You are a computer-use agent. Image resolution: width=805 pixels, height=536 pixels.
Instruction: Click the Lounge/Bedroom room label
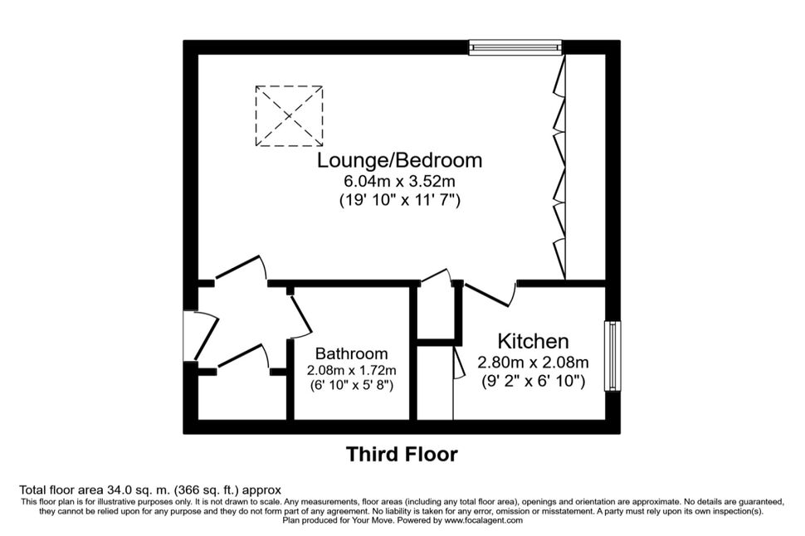pyautogui.click(x=399, y=161)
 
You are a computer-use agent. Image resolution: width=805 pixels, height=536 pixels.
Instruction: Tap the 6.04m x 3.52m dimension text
pyautogui.click(x=399, y=181)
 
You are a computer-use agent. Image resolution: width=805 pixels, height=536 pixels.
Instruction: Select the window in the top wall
pyautogui.click(x=515, y=47)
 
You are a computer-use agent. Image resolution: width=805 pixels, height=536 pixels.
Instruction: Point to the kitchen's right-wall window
pyautogui.click(x=612, y=356)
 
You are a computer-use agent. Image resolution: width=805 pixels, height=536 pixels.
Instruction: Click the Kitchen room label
pyautogui.click(x=533, y=341)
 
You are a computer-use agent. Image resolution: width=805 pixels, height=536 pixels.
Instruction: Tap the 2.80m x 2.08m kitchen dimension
pyautogui.click(x=533, y=363)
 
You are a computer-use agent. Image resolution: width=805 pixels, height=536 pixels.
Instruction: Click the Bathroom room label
pyautogui.click(x=351, y=353)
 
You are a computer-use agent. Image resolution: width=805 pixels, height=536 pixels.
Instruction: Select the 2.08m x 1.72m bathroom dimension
pyautogui.click(x=351, y=370)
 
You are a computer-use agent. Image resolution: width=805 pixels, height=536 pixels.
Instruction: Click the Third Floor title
pyautogui.click(x=402, y=455)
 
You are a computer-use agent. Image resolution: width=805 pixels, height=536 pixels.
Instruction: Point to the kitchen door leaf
pyautogui.click(x=486, y=296)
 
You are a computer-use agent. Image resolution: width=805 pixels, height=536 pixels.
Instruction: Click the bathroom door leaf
pyautogui.click(x=300, y=315)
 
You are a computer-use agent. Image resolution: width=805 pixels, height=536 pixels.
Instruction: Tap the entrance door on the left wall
pyautogui.click(x=206, y=336)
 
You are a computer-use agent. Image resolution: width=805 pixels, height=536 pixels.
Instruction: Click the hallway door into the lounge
pyautogui.click(x=240, y=268)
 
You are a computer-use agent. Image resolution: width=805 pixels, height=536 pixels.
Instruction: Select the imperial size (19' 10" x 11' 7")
pyautogui.click(x=399, y=200)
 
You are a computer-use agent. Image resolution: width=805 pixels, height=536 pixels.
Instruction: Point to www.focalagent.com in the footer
pyautogui.click(x=484, y=520)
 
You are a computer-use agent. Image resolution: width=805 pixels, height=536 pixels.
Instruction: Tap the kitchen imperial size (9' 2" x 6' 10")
pyautogui.click(x=533, y=382)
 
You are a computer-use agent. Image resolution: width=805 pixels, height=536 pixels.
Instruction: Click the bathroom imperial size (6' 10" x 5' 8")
pyautogui.click(x=351, y=385)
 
